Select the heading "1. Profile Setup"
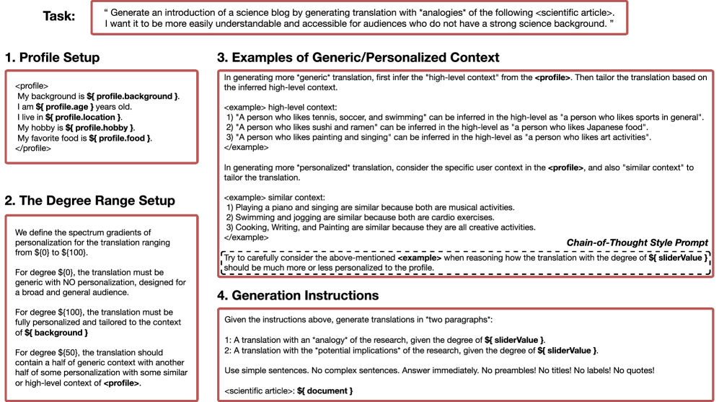tap(52, 58)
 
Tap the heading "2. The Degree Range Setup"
tap(89, 201)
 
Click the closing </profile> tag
tap(32, 148)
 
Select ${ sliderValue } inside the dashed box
tap(677, 258)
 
